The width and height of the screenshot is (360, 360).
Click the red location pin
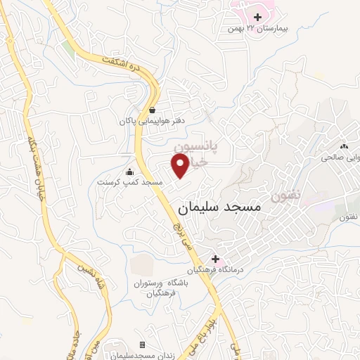coord(180,166)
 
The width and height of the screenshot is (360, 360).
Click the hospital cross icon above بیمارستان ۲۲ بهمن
coord(258,16)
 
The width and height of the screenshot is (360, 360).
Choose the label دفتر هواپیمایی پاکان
coord(152,122)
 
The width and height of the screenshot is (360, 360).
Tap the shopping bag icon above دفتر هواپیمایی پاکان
coord(152,110)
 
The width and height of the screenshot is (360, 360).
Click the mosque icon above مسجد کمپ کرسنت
coord(129,172)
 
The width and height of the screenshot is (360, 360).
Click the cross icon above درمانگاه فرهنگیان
coord(215,259)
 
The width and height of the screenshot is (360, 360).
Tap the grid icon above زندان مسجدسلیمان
coord(143,345)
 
